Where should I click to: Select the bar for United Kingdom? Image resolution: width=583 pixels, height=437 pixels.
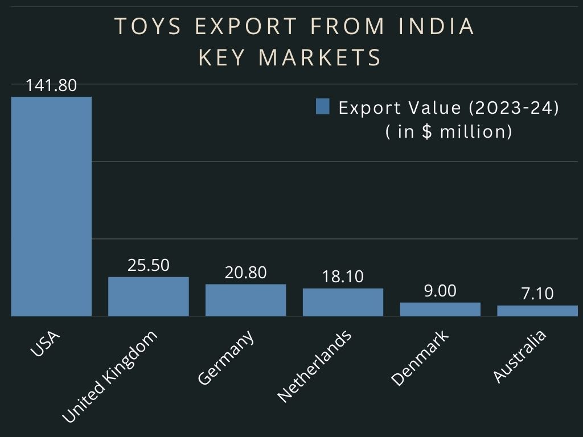(x=148, y=296)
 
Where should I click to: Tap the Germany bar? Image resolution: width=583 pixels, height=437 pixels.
(x=245, y=300)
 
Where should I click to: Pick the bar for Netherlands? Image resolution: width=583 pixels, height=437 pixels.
(x=343, y=302)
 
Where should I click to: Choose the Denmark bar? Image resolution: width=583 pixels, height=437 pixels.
(x=440, y=309)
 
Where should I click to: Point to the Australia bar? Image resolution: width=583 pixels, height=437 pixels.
(x=537, y=311)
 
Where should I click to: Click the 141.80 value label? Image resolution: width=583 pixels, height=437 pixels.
(x=51, y=86)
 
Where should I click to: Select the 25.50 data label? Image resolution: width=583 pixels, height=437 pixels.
(x=148, y=265)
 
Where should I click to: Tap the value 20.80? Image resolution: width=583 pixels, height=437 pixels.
(x=245, y=273)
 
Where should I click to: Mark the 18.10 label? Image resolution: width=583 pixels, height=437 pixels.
(x=343, y=277)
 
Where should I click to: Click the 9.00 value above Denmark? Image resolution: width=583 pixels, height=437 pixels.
(x=440, y=291)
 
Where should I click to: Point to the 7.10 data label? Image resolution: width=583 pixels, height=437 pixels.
(x=537, y=294)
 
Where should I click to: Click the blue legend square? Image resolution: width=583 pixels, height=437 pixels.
(x=323, y=107)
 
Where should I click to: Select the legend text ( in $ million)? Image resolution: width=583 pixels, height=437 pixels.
(x=449, y=131)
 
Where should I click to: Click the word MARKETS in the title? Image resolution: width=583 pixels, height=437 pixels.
(x=320, y=57)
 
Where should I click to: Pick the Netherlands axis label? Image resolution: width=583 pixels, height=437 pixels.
(x=314, y=365)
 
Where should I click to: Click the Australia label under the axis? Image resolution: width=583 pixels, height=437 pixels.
(x=519, y=356)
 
